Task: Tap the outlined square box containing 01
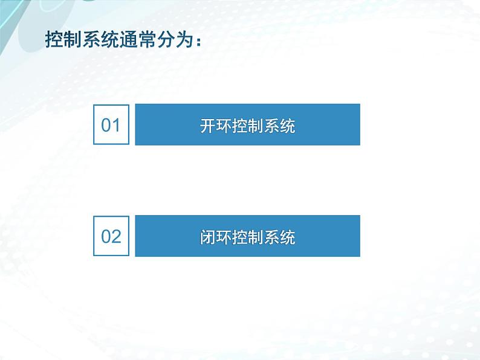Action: coord(111,124)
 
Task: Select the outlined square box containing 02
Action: coord(111,236)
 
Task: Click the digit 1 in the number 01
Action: coord(117,126)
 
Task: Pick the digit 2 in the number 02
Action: coord(117,236)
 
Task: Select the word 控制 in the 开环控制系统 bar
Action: coord(247,126)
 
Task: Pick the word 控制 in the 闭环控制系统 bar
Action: coord(247,237)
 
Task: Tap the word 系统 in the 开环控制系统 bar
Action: coord(279,126)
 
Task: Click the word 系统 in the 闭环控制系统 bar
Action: coord(279,237)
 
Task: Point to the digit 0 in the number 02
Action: coord(106,236)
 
